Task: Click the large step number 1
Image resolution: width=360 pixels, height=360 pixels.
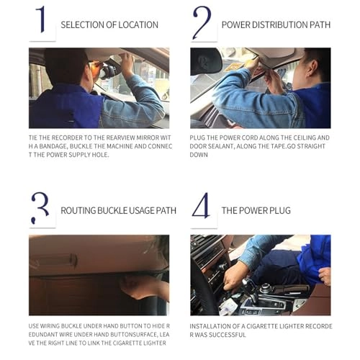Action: (41, 19)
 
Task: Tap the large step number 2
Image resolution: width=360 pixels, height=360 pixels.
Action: (202, 23)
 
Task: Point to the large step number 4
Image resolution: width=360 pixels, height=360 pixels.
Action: (201, 205)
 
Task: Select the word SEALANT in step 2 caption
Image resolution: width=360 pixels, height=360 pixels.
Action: (220, 146)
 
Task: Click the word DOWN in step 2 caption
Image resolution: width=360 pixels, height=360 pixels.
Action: (199, 155)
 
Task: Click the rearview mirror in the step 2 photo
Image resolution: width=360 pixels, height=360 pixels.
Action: (206, 61)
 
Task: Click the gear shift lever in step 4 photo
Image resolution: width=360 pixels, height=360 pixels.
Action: (250, 290)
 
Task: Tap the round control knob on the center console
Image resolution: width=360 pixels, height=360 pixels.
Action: (265, 288)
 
